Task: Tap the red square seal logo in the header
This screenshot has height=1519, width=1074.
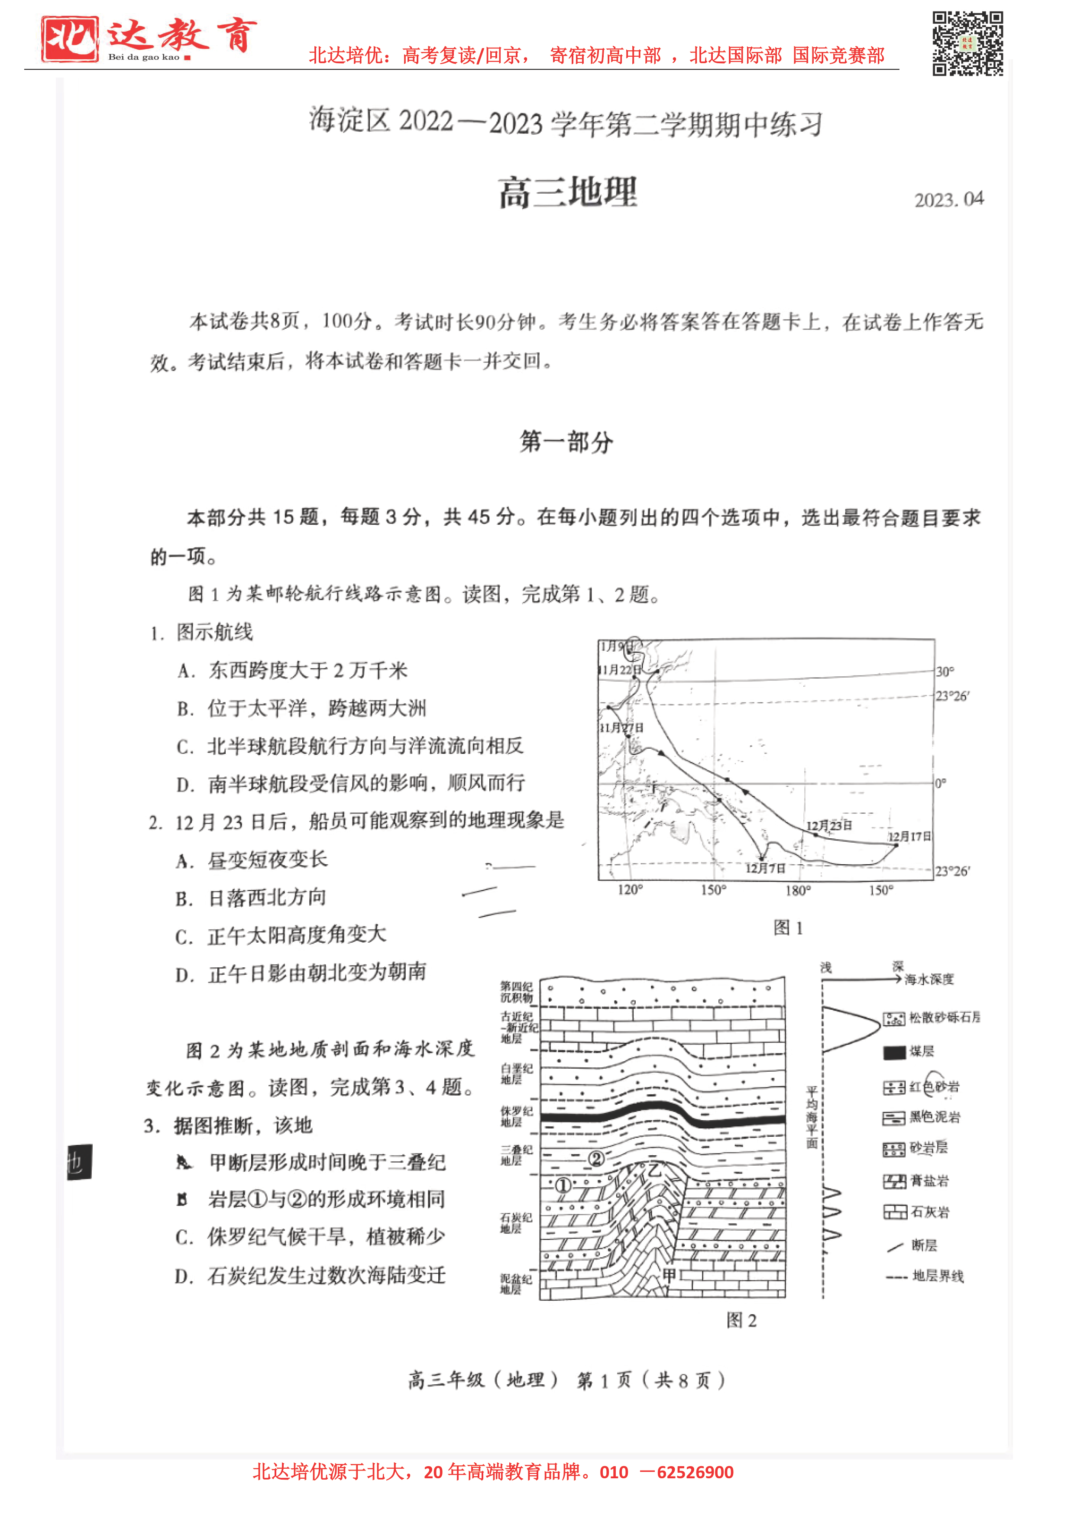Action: (69, 39)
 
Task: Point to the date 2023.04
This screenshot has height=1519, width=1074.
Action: (948, 199)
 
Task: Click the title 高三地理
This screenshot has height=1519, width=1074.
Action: (568, 193)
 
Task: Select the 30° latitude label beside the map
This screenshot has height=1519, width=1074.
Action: (945, 672)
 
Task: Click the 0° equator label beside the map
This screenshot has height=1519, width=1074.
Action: (940, 783)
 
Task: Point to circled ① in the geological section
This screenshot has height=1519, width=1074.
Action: (563, 1185)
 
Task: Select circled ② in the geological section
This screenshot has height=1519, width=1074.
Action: (596, 1158)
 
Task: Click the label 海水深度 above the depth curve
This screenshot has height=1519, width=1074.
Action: (929, 979)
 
